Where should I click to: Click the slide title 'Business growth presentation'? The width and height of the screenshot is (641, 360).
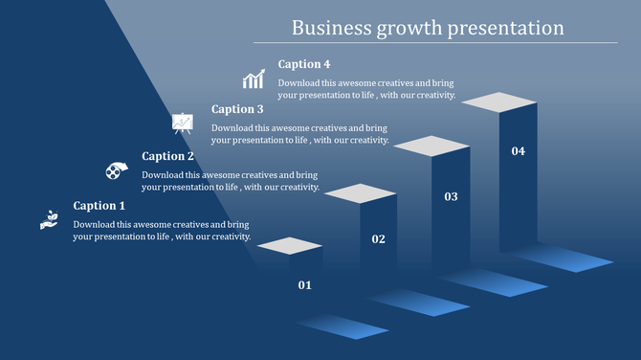point(427,27)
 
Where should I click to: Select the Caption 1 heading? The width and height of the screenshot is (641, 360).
point(99,206)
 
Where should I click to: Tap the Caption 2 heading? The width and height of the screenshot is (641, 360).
point(168,156)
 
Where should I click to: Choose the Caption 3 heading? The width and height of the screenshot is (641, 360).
point(237,109)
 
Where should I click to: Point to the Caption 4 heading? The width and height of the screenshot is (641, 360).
point(304,64)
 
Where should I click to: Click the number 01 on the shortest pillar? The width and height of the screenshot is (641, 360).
point(305,284)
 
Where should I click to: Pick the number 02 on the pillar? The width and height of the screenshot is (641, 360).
point(379,238)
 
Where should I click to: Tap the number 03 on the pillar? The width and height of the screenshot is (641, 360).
point(452,196)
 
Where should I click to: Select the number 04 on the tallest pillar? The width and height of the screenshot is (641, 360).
point(518,151)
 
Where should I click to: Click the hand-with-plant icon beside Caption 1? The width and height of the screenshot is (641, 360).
point(49,218)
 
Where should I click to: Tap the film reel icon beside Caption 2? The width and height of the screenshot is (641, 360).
point(116,170)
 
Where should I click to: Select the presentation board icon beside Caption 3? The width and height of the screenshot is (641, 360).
point(183,123)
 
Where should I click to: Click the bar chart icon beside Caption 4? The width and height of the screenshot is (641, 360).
point(254,79)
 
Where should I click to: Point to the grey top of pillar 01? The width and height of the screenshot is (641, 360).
point(290,245)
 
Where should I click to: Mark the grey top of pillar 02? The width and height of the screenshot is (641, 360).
point(360,193)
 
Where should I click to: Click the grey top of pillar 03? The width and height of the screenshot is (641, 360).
point(432,146)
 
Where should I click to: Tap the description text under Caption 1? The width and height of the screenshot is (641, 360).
point(162,231)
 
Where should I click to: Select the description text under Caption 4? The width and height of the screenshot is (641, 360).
point(366,89)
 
